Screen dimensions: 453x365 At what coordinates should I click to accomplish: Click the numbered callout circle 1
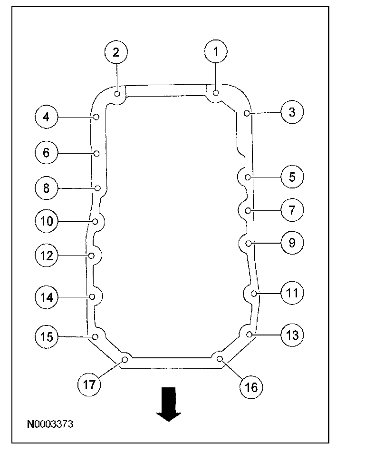pyautogui.click(x=216, y=52)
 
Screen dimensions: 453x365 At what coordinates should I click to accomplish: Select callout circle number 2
pyautogui.click(x=116, y=52)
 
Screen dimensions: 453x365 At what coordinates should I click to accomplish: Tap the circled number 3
pyautogui.click(x=292, y=112)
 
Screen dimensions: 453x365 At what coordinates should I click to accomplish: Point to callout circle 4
pyautogui.click(x=46, y=117)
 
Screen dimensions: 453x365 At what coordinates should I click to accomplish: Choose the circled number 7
pyautogui.click(x=292, y=209)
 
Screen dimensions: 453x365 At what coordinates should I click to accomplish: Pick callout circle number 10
pyautogui.click(x=46, y=221)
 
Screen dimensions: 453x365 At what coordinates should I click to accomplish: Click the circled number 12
pyautogui.click(x=46, y=256)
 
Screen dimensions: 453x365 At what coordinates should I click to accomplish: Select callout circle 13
pyautogui.click(x=292, y=335)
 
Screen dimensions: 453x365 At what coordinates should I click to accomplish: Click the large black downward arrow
pyautogui.click(x=169, y=404)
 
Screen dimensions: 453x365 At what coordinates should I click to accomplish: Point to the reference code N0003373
pyautogui.click(x=50, y=423)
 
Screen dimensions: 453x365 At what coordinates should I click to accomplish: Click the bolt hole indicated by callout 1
pyautogui.click(x=216, y=93)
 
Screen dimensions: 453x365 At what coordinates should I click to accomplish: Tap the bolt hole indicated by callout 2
pyautogui.click(x=117, y=94)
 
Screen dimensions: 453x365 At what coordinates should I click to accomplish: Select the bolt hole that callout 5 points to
pyautogui.click(x=248, y=177)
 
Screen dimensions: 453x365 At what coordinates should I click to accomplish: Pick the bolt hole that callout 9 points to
pyautogui.click(x=248, y=243)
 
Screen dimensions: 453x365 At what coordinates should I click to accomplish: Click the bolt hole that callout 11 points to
pyautogui.click(x=254, y=293)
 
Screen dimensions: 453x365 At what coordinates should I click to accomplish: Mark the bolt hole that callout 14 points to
pyautogui.click(x=92, y=297)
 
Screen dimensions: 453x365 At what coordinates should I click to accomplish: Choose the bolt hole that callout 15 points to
pyautogui.click(x=95, y=337)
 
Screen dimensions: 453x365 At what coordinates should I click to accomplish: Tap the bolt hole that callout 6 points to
pyautogui.click(x=96, y=153)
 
